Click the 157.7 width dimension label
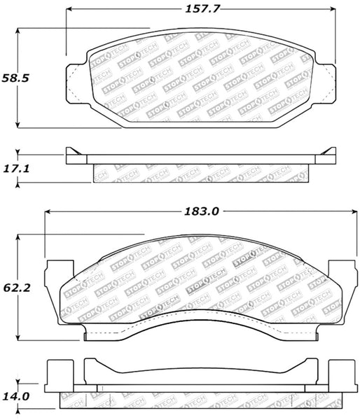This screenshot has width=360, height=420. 200,10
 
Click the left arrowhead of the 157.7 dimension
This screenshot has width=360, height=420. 70,10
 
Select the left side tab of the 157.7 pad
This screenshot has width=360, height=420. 76,78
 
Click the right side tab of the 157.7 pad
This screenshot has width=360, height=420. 326,78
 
